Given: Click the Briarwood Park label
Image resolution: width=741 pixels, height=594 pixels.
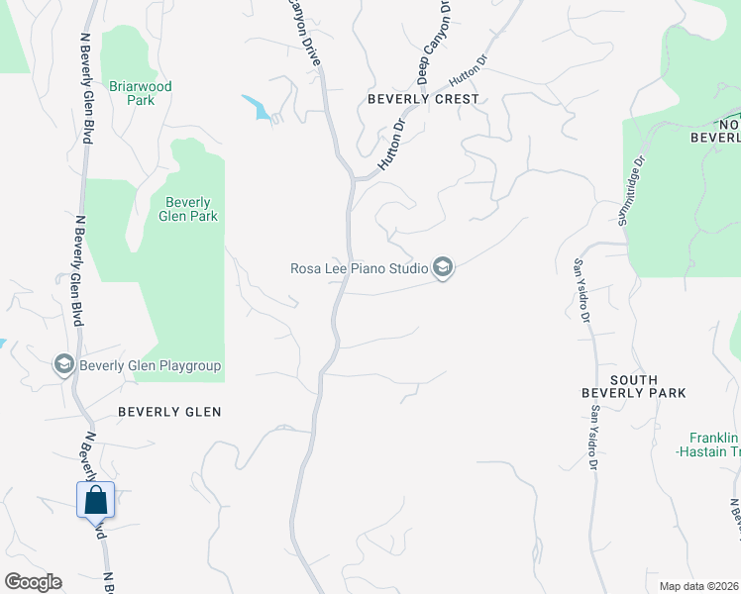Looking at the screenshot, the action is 140,93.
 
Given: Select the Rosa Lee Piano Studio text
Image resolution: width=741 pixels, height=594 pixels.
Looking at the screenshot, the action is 358,267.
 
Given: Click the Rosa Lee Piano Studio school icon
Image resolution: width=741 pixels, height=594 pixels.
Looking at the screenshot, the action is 443,268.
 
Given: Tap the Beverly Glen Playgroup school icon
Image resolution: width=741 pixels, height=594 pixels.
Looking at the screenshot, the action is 64,365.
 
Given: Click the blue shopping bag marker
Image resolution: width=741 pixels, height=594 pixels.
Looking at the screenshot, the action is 96,500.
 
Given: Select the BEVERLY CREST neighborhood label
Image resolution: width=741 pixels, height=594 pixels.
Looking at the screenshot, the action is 423,99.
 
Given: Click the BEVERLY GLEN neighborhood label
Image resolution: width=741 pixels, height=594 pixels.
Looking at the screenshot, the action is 169,411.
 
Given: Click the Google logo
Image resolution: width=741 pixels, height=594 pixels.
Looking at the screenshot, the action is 33,582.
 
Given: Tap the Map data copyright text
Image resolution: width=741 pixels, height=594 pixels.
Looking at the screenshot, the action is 699,586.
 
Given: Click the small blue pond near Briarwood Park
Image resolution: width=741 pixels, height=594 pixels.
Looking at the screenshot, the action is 257,106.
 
